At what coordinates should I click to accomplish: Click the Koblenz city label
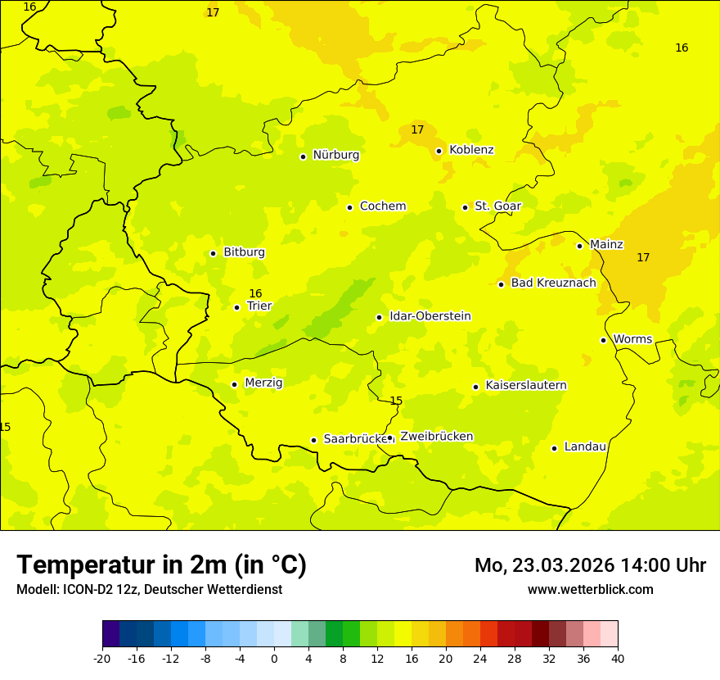pos(471,150)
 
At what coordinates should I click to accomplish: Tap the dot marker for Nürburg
pos(303,156)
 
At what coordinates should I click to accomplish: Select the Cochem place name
pos(382,206)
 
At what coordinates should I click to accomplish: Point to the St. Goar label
pos(497,206)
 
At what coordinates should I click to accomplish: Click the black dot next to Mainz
pos(579,246)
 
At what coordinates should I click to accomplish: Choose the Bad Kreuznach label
pos(553,283)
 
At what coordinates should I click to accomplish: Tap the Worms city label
pos(632,339)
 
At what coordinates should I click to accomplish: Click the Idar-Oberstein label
pos(430,316)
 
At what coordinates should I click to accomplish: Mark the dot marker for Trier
pos(236,307)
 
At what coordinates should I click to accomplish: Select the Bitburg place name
pos(244,252)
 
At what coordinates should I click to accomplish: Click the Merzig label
pos(263,383)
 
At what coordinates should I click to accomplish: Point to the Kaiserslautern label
pos(525,386)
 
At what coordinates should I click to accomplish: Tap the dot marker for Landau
pos(554,448)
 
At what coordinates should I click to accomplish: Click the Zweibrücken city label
pos(436,437)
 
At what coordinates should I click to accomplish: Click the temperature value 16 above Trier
pos(255,293)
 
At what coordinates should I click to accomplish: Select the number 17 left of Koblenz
pos(417,129)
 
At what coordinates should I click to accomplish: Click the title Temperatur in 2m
pos(161,564)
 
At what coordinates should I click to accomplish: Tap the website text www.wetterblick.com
pos(590,589)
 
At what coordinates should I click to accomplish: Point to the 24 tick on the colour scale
pos(480,658)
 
